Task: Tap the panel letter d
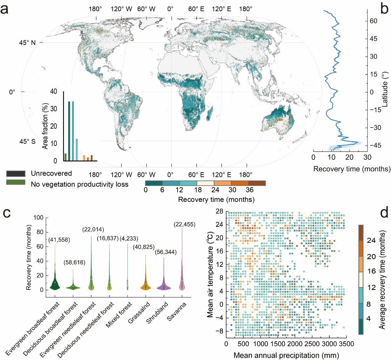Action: point(384,213)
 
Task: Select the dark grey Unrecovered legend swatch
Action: point(16,174)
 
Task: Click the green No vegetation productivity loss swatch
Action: point(16,182)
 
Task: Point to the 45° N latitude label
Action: point(28,43)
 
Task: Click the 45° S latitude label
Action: point(27,142)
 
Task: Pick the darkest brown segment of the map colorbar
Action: point(257,183)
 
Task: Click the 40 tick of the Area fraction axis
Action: point(53,92)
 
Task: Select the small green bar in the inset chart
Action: point(65,157)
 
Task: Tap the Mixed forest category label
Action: point(119,315)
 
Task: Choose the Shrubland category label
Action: point(157,313)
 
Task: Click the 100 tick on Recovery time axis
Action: point(38,218)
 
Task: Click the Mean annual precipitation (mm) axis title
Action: point(286,355)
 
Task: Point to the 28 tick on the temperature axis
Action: point(219,211)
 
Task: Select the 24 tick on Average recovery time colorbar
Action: point(371,241)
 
